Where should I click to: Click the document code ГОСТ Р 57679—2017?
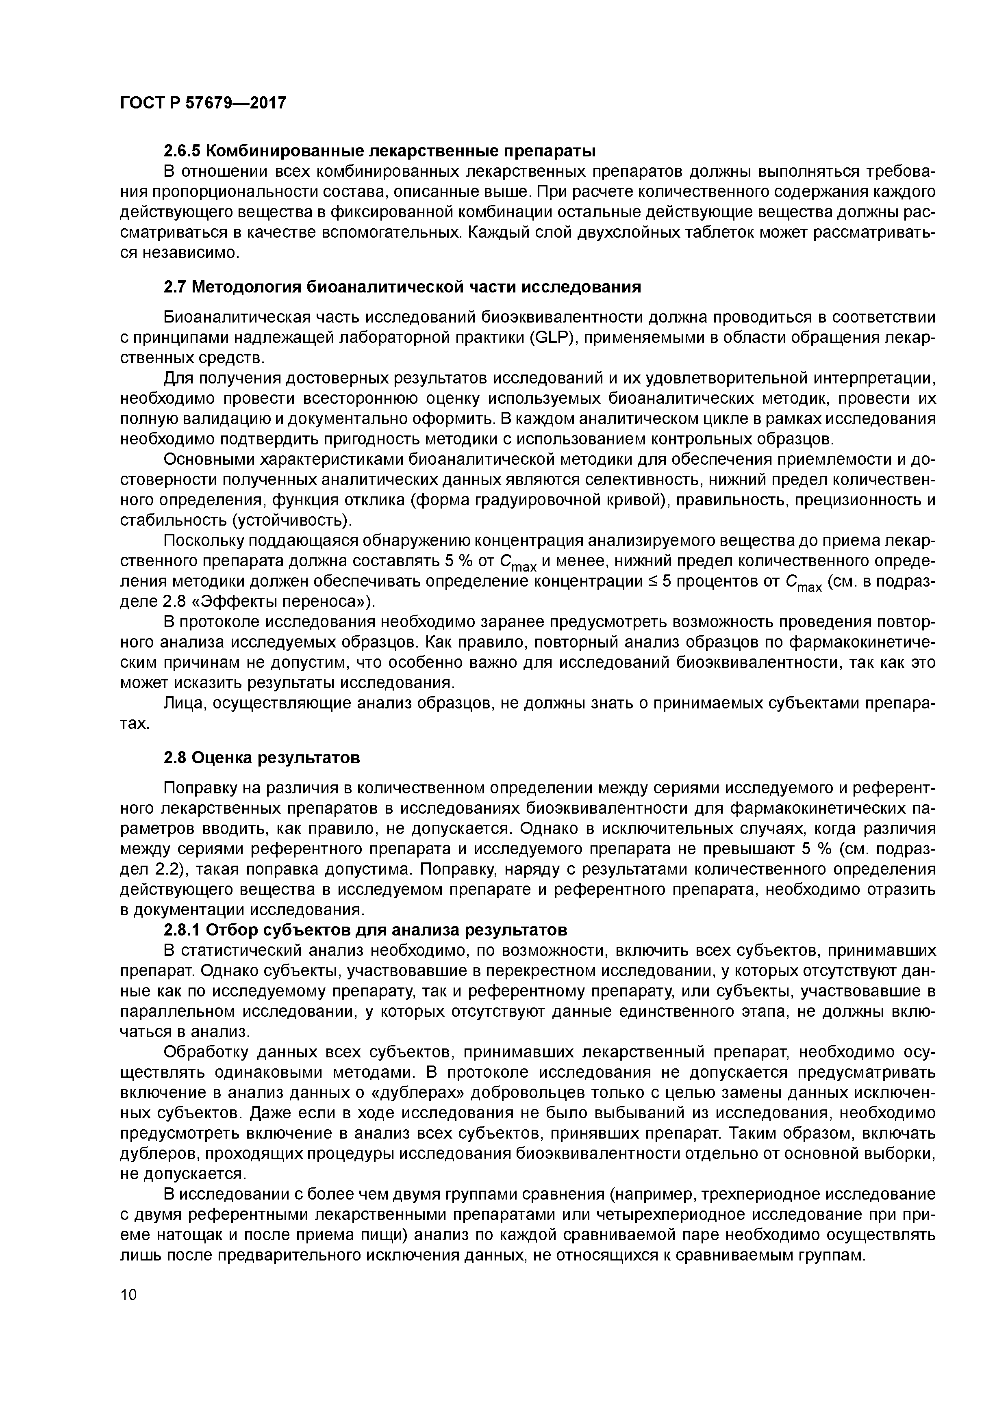(x=203, y=102)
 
